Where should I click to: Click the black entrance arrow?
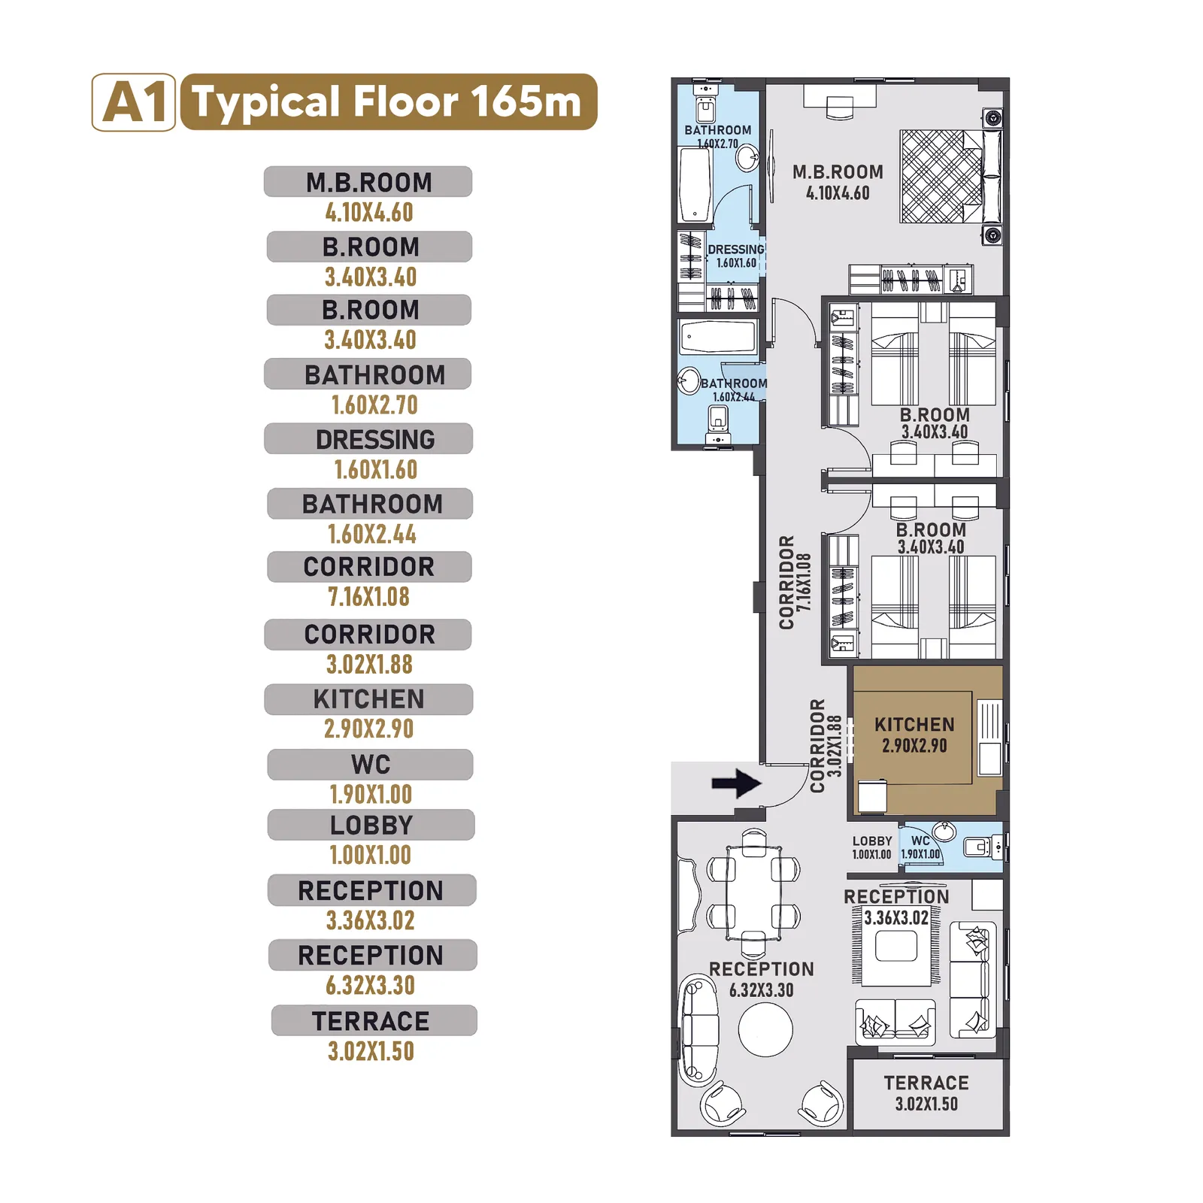(736, 783)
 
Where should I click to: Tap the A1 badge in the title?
(134, 102)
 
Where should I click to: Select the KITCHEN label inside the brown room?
(914, 725)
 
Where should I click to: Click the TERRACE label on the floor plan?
(926, 1083)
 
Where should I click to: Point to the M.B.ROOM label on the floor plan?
(838, 172)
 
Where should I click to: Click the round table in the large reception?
(765, 1030)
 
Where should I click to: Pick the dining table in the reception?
(753, 893)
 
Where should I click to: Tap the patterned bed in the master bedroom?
(941, 177)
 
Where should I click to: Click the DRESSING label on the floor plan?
(735, 250)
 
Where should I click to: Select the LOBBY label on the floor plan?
(872, 841)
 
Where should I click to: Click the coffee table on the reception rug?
(896, 946)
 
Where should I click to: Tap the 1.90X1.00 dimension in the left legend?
(371, 794)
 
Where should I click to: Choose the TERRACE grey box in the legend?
(374, 1020)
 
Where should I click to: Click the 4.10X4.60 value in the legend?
(369, 212)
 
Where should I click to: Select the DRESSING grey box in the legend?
(368, 438)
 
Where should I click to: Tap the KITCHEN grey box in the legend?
(368, 699)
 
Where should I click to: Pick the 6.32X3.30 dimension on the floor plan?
(761, 990)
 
